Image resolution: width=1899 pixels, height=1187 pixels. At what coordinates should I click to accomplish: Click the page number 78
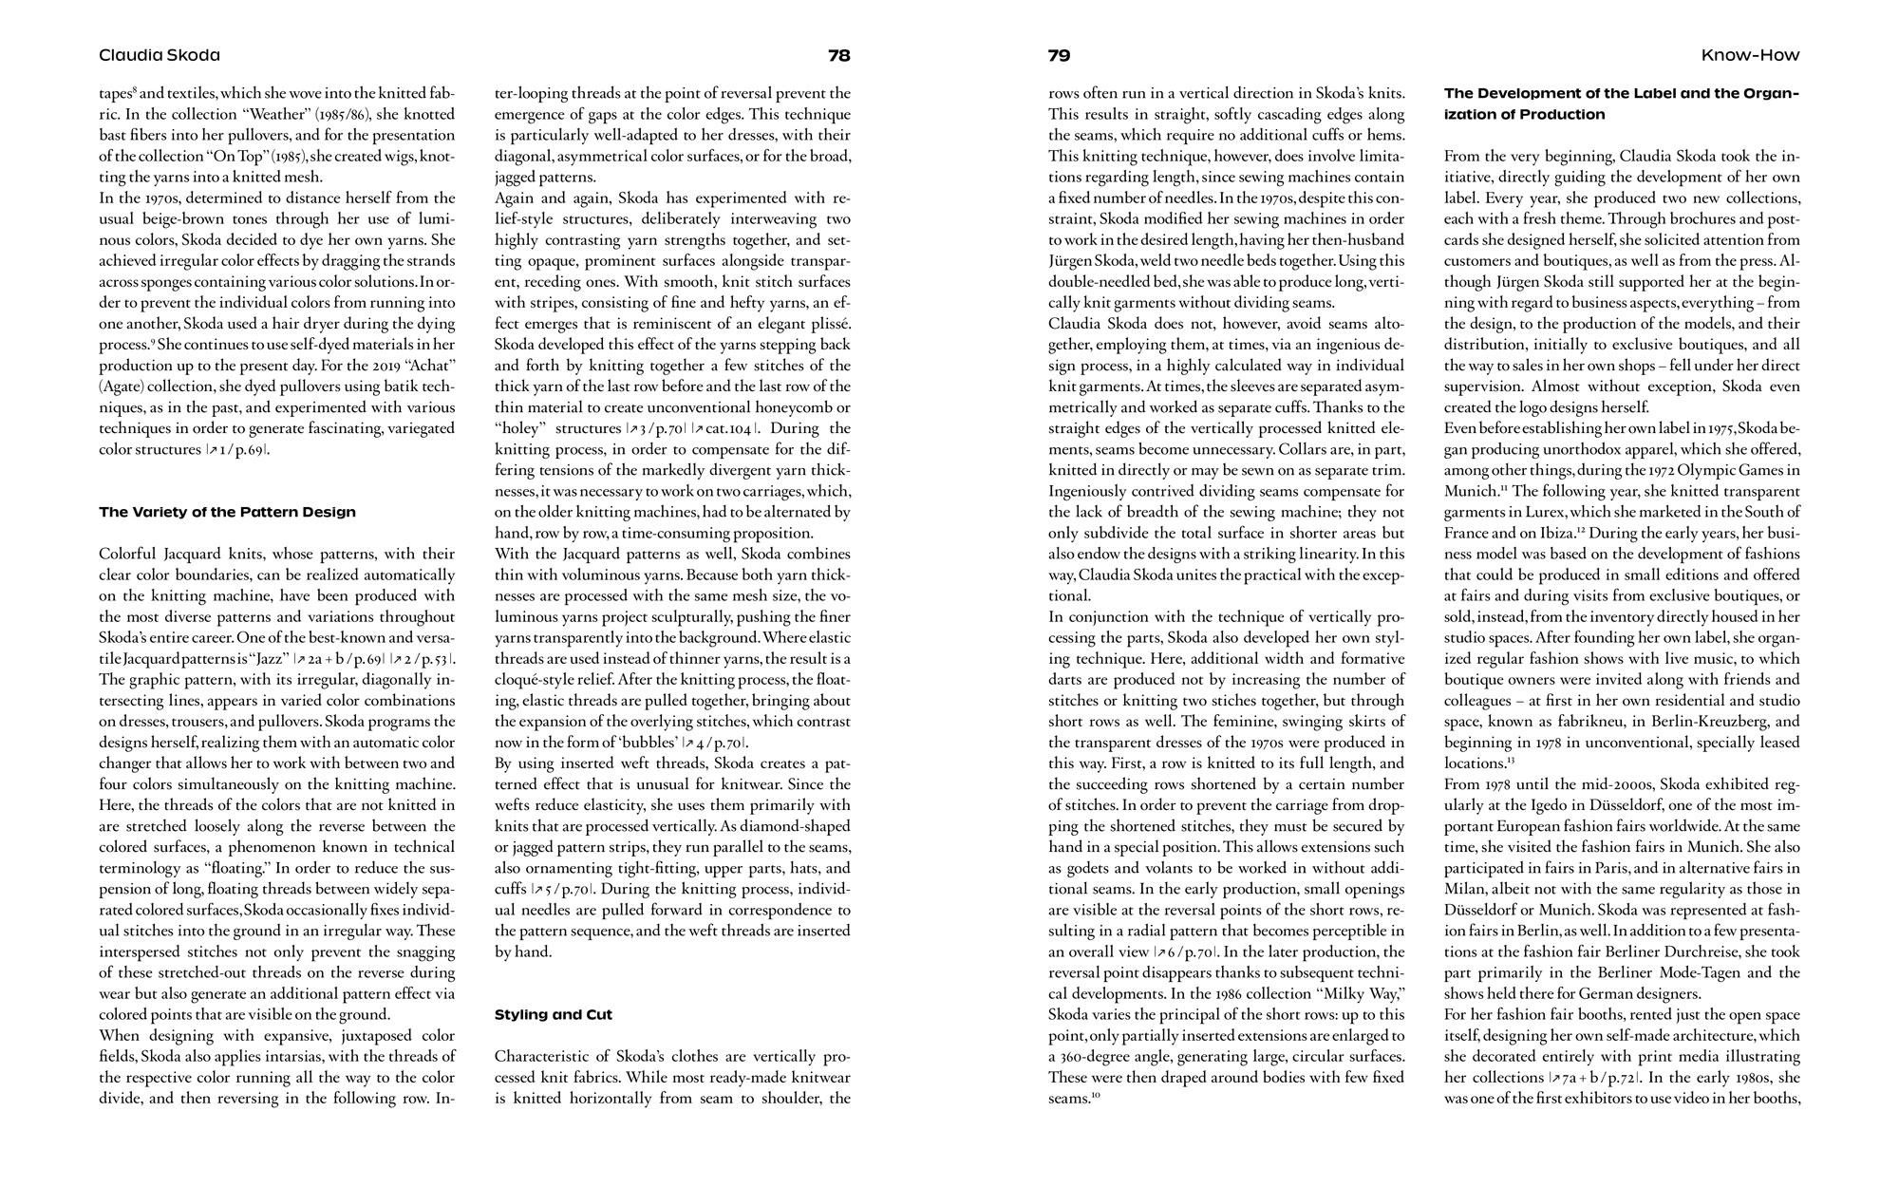(838, 55)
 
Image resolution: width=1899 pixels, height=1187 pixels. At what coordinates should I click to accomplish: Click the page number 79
(1059, 55)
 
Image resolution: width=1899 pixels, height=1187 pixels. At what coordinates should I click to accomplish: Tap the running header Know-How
(1749, 55)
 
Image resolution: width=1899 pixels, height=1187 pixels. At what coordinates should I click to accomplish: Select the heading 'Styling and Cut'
(553, 1014)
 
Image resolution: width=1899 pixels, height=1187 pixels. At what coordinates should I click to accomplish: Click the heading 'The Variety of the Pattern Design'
(227, 512)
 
